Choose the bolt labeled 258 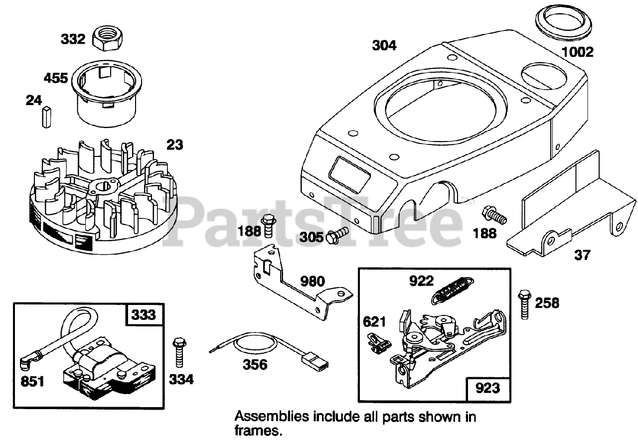coord(523,303)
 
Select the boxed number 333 coord(144,315)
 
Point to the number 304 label coord(384,45)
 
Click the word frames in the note coord(257,431)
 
